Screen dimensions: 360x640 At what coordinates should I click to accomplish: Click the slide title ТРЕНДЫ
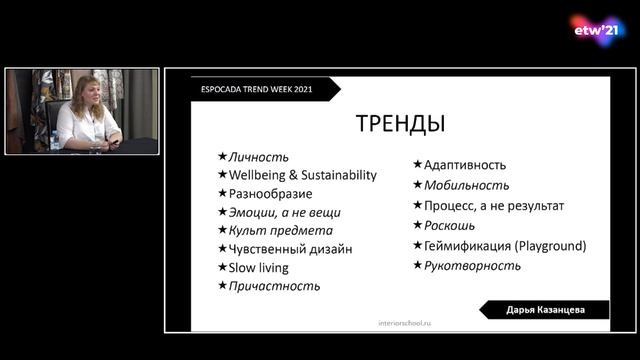tap(400, 124)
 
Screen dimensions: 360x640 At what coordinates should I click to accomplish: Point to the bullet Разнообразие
tap(270, 193)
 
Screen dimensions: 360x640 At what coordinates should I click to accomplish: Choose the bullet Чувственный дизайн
tap(290, 249)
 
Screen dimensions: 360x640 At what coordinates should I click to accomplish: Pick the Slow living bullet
tap(258, 268)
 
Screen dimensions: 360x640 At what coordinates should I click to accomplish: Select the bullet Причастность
tap(274, 286)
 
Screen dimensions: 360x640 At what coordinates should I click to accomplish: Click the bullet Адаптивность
tap(464, 165)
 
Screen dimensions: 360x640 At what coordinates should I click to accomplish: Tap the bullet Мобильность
tap(466, 185)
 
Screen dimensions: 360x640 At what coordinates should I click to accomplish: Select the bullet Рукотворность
tap(472, 265)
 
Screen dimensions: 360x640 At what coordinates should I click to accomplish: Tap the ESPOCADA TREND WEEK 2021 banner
tap(256, 89)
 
